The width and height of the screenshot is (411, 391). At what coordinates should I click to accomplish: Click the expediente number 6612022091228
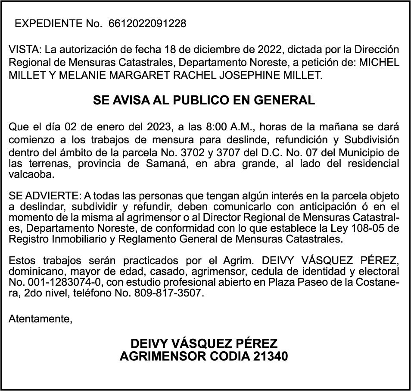148,24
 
